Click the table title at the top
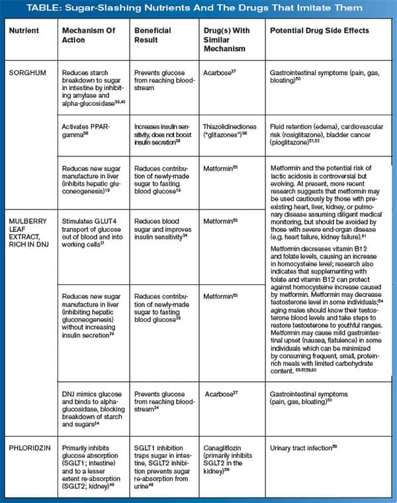tap(198, 9)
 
